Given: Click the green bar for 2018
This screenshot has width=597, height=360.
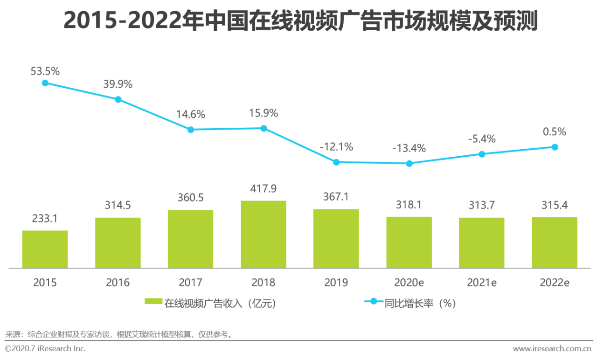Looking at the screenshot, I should pos(264,235).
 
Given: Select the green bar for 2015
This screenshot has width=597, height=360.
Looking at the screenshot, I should pos(45,249).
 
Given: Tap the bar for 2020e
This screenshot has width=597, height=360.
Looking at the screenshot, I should pos(409,242).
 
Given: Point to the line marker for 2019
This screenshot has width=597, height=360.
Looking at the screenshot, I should pos(336,162).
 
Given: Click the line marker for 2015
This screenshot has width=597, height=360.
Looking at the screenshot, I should pos(45,83).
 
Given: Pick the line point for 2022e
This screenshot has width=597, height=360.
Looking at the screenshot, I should pos(555,147).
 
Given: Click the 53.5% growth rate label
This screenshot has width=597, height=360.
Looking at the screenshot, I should pos(45,71).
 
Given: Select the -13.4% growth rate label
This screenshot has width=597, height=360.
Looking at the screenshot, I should pos(409,148).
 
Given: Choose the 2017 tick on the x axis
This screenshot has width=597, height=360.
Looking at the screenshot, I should pos(191,283).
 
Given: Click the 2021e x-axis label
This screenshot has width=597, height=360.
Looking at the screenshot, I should pos(482,283).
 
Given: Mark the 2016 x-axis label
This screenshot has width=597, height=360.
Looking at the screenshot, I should pos(118,283).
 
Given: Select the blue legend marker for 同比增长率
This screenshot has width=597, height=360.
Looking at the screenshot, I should pos(373,303).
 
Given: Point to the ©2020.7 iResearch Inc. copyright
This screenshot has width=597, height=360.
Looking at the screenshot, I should pos(46,348).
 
